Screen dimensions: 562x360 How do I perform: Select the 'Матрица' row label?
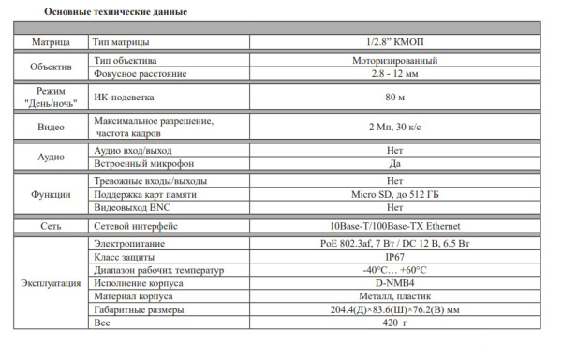tap(51, 42)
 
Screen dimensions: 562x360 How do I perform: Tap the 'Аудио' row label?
tap(51, 157)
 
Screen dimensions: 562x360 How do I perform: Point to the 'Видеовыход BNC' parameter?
tap(136, 207)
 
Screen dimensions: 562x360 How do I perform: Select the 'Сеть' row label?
tap(51, 226)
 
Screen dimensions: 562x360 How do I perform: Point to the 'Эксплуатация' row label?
tap(51, 282)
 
